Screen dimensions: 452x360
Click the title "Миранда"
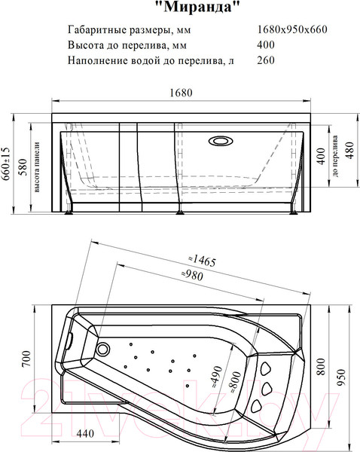[202, 9]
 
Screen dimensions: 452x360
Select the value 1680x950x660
[293, 30]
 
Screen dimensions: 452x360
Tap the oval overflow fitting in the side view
[223, 139]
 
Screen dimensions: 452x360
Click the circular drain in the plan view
[103, 350]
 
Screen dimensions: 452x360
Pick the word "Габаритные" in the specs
[95, 30]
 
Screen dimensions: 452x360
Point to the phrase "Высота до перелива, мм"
[127, 45]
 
